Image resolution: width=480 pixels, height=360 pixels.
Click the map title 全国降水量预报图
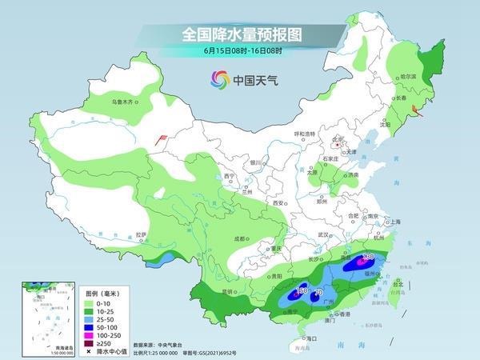[x=239, y=35]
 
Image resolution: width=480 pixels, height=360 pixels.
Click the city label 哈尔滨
[x=409, y=76]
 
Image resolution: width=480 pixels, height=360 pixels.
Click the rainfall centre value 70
[x=318, y=294]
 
